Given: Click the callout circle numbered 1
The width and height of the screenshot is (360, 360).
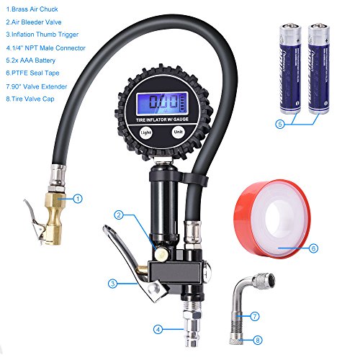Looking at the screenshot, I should pos(78,197).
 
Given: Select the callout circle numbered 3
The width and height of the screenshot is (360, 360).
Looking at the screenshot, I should pos(112,284).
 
